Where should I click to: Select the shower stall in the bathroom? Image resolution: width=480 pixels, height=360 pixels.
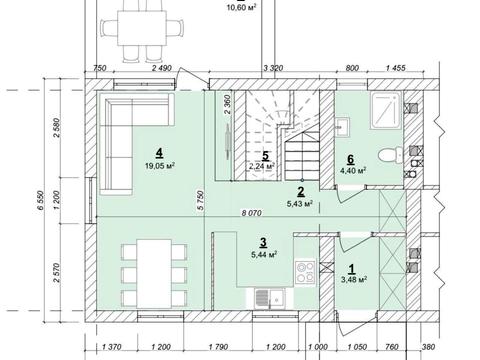coord(387,110)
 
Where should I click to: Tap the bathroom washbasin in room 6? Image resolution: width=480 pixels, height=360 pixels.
coord(342,127)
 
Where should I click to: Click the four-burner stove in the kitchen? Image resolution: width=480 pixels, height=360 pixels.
coord(305,273)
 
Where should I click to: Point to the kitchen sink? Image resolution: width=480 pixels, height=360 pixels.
coord(270,298)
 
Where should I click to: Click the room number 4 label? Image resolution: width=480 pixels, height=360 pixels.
coord(159,153)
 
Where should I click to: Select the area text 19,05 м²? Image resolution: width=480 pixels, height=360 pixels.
coord(160,166)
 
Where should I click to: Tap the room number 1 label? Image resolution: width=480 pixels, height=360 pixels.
coord(351,268)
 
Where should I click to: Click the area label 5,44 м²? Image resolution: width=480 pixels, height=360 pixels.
coord(265,255)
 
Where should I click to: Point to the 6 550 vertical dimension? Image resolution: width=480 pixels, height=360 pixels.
coord(40,200)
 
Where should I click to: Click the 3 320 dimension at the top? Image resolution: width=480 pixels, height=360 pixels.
coord(273,68)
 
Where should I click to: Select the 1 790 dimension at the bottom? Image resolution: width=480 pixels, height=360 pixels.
coord(219,347)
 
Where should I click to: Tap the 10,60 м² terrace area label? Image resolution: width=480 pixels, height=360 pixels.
coord(241,7)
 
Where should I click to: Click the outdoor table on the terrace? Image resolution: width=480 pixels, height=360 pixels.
coord(142,28)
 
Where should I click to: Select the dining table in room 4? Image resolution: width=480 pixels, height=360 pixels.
coord(154,274)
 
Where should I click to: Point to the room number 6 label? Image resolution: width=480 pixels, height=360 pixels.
coord(350,159)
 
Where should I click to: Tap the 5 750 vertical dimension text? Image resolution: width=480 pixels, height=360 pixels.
coord(200,200)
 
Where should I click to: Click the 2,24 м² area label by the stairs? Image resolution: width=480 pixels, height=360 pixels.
coord(262,166)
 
